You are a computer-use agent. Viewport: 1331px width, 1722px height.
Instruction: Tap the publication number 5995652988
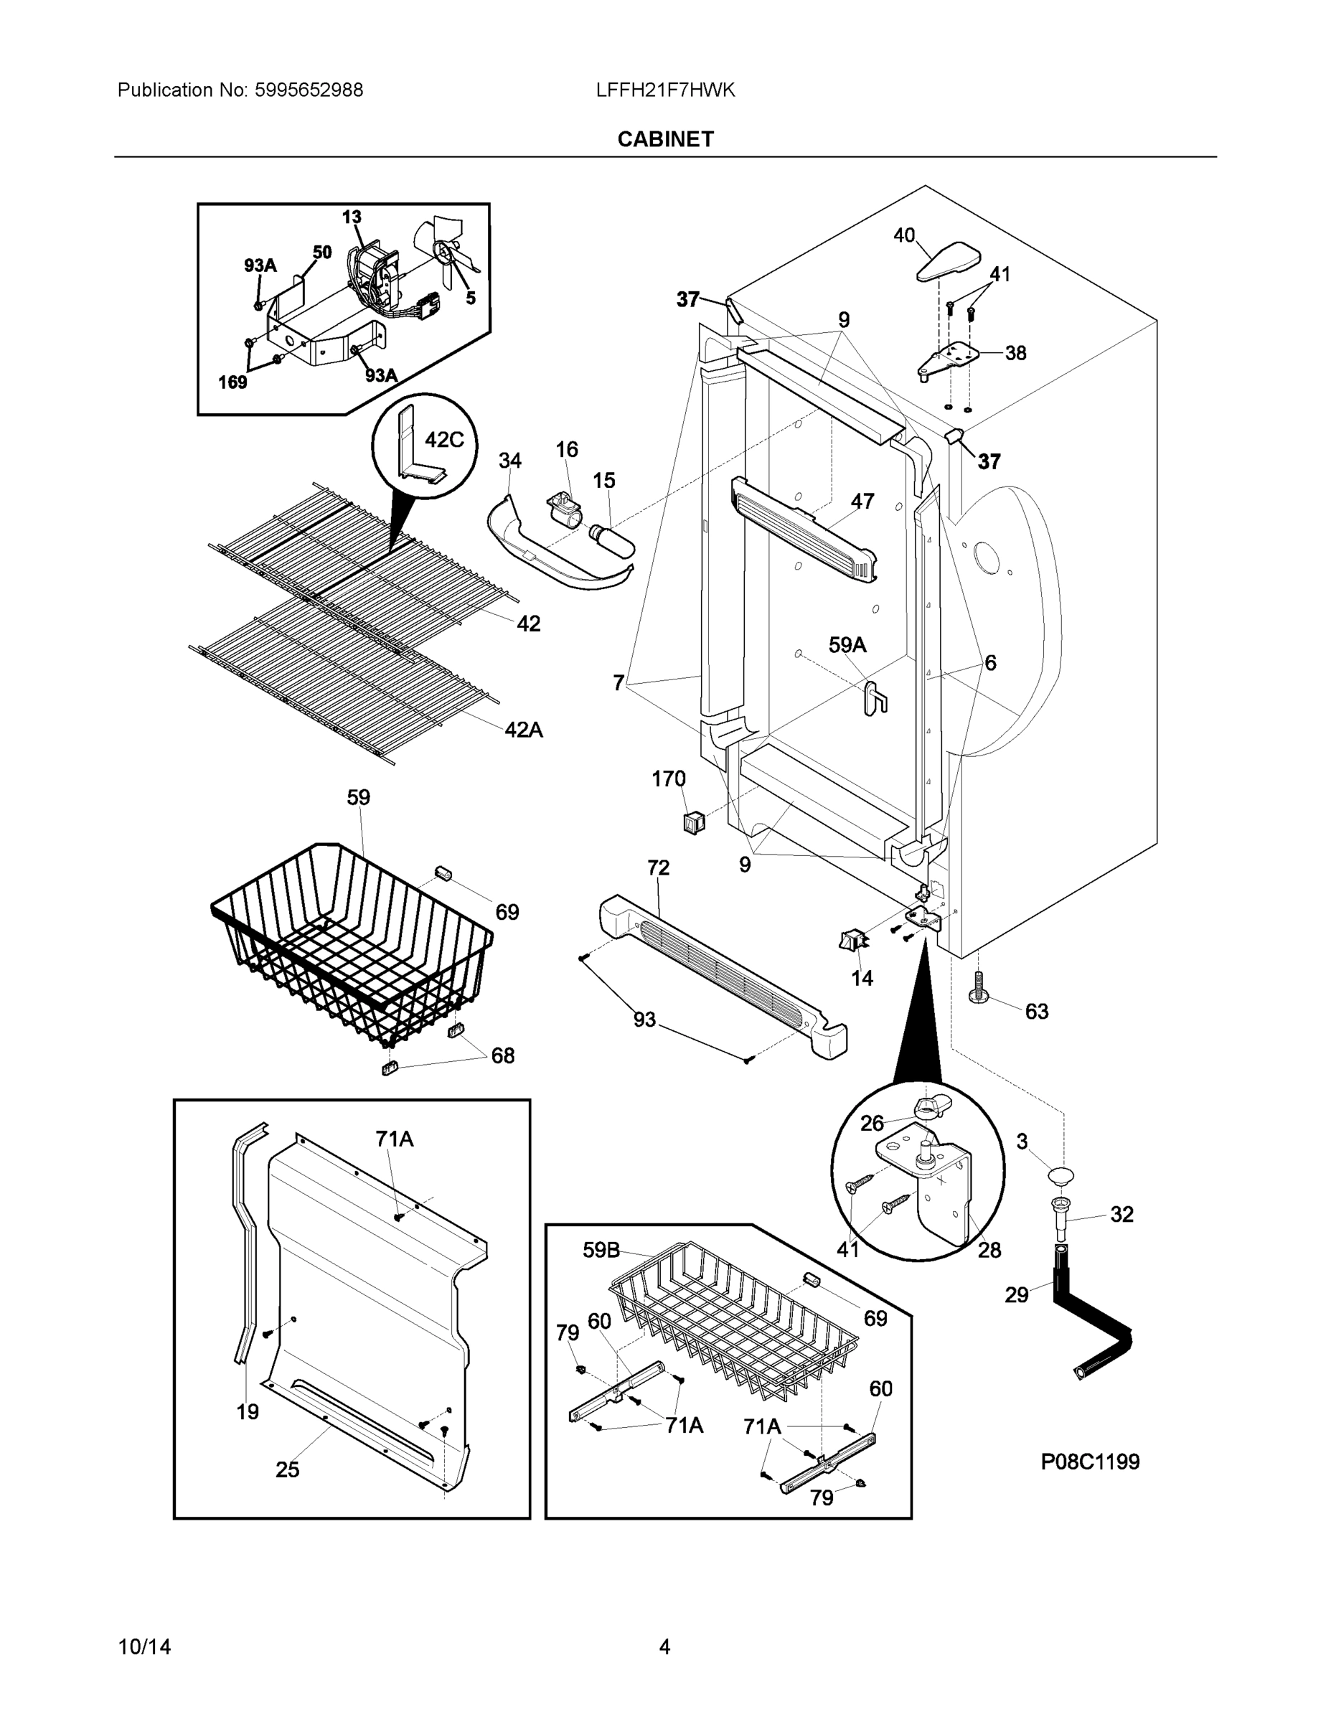pyautogui.click(x=309, y=90)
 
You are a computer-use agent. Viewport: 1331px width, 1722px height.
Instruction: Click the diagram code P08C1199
pyautogui.click(x=1090, y=1461)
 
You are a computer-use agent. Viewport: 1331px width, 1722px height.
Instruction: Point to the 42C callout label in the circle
pyautogui.click(x=444, y=440)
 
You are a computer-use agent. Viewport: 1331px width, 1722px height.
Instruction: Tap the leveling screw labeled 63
pyautogui.click(x=978, y=987)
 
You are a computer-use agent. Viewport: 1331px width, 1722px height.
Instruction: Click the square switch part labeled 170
pyautogui.click(x=693, y=822)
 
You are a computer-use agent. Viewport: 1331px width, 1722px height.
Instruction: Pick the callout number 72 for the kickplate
pyautogui.click(x=659, y=867)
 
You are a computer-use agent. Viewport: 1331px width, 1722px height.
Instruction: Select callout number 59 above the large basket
pyautogui.click(x=358, y=797)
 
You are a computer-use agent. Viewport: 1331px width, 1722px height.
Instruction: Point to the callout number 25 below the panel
pyautogui.click(x=287, y=1469)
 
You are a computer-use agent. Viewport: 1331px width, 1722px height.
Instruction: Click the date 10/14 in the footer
pyautogui.click(x=144, y=1647)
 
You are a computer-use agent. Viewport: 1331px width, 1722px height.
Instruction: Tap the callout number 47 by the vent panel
pyautogui.click(x=862, y=501)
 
